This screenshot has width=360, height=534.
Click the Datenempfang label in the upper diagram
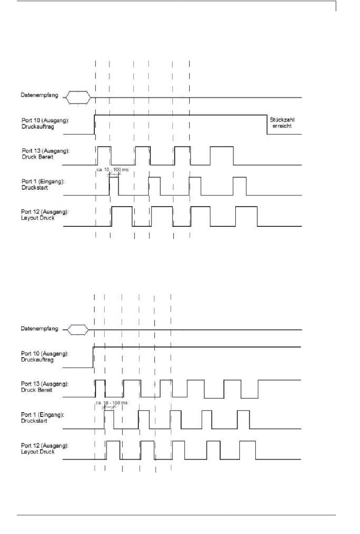(39, 95)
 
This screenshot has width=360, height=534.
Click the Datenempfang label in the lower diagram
(39, 328)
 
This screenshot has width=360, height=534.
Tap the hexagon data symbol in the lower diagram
(78, 330)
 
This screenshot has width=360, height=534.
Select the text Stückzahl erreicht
(282, 123)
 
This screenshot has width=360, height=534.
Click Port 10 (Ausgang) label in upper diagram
(45, 120)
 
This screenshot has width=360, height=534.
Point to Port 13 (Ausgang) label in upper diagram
(45, 151)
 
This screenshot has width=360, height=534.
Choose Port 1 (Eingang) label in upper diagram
(43, 181)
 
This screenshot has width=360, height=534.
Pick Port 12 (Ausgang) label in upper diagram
(45, 212)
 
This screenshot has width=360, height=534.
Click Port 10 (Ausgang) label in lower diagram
(45, 353)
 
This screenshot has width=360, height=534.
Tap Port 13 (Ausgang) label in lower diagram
(45, 384)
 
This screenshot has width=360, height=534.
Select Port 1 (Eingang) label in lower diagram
(42, 415)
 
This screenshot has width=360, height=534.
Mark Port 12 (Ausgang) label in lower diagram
(45, 445)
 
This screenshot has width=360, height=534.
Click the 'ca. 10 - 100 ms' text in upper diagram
(112, 170)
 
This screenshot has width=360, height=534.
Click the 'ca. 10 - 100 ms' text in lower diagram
(111, 402)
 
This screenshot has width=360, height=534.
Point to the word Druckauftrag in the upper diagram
(38, 127)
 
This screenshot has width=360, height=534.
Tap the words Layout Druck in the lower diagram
(38, 452)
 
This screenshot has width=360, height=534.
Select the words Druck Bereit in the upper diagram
(38, 157)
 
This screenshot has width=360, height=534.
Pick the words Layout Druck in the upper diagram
(38, 218)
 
